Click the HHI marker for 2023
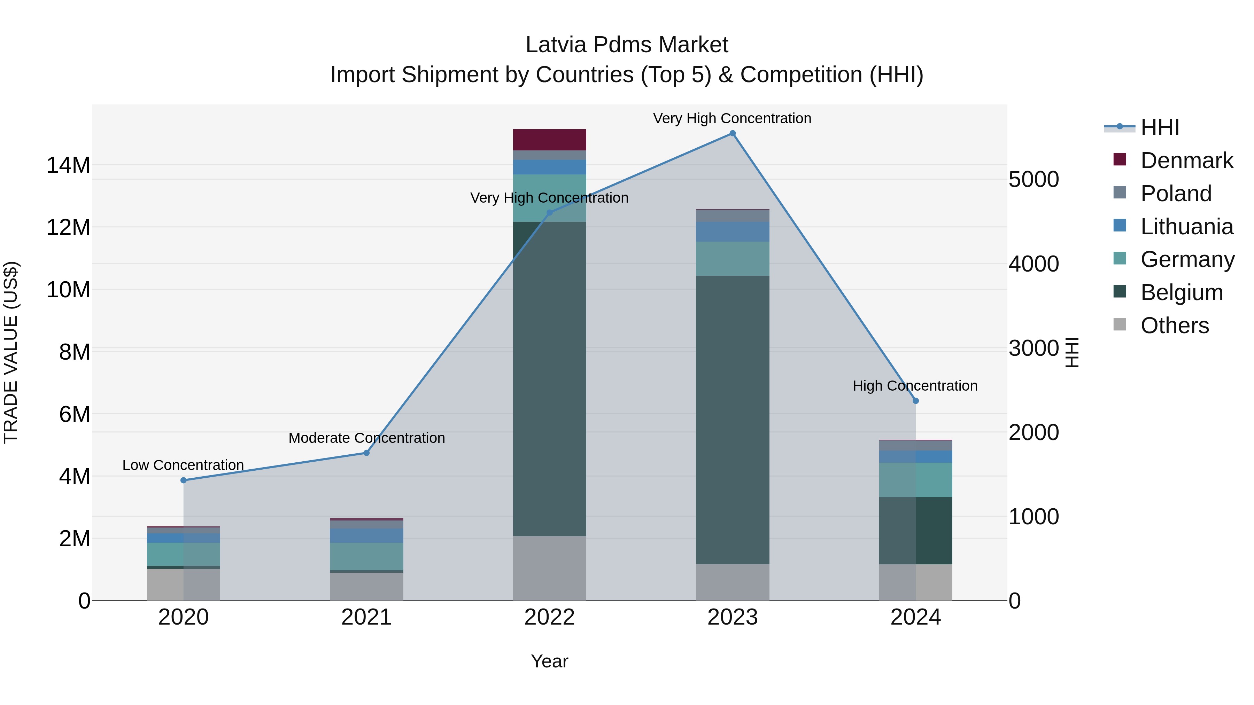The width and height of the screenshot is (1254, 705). tap(733, 133)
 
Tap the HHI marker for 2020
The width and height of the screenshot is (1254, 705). tap(184, 480)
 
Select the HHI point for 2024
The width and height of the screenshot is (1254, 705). tap(916, 401)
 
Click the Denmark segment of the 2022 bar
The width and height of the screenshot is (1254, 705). tap(550, 140)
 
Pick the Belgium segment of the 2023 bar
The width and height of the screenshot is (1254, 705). tap(733, 420)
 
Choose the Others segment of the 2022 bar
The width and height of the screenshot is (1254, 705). tap(550, 568)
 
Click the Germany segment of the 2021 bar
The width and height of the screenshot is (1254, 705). tap(366, 556)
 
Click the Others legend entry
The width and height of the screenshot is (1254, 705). tap(1174, 326)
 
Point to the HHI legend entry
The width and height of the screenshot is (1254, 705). tap(1160, 127)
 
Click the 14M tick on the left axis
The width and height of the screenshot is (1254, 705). tap(68, 165)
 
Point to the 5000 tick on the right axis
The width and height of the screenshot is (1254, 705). tap(1034, 180)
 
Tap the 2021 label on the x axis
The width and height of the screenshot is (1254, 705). tap(366, 617)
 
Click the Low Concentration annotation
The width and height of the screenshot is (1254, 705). tap(183, 465)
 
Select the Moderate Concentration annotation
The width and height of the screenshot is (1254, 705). tap(366, 438)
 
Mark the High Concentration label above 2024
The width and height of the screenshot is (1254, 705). tap(915, 386)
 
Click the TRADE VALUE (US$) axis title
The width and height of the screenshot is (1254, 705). tap(11, 352)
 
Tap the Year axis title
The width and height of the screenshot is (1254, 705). tap(550, 661)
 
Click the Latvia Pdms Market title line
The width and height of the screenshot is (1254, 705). tap(627, 45)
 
